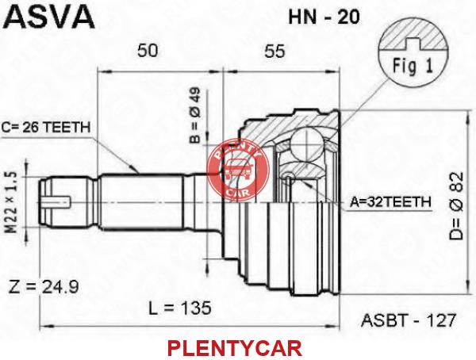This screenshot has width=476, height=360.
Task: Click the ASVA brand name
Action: (x=50, y=17)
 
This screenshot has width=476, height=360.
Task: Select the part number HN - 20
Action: (x=324, y=17)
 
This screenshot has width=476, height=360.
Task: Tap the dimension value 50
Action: (x=148, y=51)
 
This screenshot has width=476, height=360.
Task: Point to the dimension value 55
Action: (x=274, y=51)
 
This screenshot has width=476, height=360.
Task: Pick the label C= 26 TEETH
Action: (x=46, y=128)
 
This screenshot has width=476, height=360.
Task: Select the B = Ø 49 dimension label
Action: (x=195, y=115)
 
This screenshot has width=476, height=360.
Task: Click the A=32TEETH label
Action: (x=390, y=202)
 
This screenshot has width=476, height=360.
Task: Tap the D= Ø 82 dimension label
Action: (x=457, y=206)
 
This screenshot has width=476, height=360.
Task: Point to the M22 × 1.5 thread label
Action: (x=12, y=203)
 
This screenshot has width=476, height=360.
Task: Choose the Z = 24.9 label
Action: (x=44, y=287)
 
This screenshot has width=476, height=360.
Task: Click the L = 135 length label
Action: (x=180, y=308)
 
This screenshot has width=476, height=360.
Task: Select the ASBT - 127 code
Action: (x=409, y=320)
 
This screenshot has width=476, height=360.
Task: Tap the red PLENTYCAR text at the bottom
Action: (x=235, y=348)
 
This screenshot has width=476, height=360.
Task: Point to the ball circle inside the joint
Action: (x=306, y=143)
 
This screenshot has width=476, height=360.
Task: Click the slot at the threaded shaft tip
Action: (x=57, y=202)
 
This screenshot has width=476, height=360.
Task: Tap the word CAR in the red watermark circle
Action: (x=238, y=191)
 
